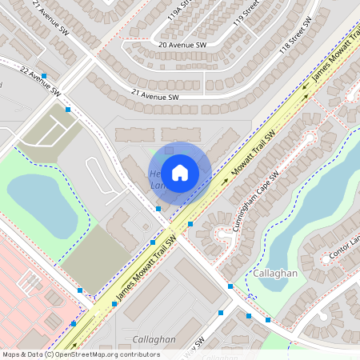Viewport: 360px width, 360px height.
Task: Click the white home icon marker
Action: (x=180, y=172)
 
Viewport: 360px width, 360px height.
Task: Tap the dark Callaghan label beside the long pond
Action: (x=275, y=274)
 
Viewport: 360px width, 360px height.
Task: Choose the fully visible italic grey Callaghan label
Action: (x=154, y=339)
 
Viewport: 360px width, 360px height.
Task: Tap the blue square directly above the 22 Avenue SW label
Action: (x=44, y=75)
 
